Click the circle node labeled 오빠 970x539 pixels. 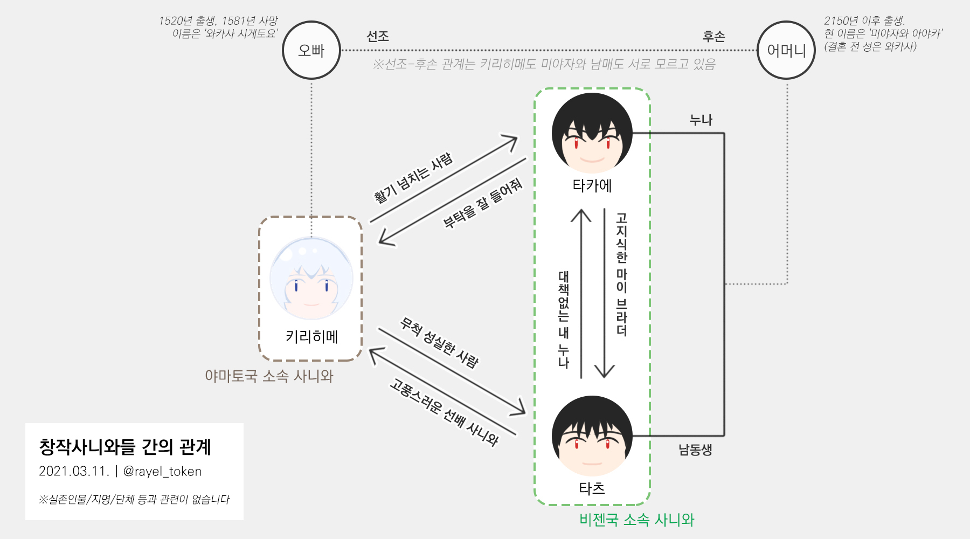[311, 50]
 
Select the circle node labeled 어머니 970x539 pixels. [786, 50]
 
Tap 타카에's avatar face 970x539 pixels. [592, 134]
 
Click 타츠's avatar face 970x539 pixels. [592, 436]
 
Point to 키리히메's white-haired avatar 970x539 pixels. [311, 278]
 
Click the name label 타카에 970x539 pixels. [592, 186]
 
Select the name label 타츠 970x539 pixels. [592, 488]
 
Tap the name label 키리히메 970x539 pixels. [311, 337]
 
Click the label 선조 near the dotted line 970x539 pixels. [377, 36]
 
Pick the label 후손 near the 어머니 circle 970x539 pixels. [713, 36]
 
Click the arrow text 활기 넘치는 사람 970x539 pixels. [413, 178]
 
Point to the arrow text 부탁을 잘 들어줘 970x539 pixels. [482, 203]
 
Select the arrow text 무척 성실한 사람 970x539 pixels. [439, 343]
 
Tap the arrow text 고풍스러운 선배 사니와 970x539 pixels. [444, 412]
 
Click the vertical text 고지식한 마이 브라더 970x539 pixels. [622, 274]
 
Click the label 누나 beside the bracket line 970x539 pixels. [701, 120]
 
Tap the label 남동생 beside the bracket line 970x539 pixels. [695, 450]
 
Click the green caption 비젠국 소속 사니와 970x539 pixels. [636, 520]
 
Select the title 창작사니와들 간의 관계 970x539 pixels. [124, 447]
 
